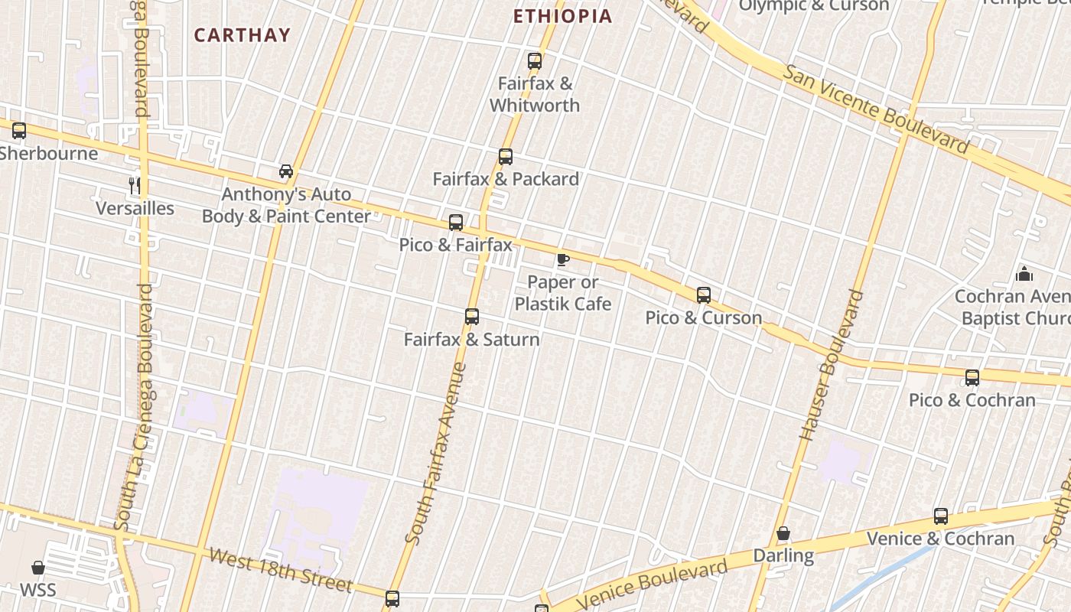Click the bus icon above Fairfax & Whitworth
point(535,61)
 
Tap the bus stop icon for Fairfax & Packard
point(506,157)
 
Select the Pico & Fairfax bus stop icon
point(456,223)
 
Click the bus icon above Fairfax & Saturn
point(472,316)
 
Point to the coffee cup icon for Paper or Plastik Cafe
point(563,259)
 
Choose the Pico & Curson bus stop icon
point(704,295)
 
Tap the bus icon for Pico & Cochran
point(972,377)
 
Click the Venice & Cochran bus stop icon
point(941,516)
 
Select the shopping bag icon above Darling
point(783,533)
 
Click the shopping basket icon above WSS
point(38,568)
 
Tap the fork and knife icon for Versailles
point(135,185)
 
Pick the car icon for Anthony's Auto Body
point(286,171)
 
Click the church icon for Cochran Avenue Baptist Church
point(1024,274)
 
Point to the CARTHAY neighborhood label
point(242,35)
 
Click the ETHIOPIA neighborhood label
point(563,16)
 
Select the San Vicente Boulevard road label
point(877,108)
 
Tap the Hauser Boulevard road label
point(831,365)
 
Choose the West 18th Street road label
point(281,571)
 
